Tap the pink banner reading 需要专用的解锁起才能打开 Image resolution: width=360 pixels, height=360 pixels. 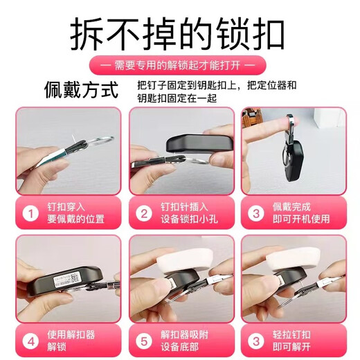pyautogui.click(x=179, y=66)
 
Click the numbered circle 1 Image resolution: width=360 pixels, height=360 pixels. pyautogui.click(x=30, y=213)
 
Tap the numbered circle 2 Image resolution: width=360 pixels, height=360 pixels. pyautogui.click(x=144, y=213)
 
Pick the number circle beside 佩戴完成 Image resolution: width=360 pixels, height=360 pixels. pyautogui.click(x=256, y=213)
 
